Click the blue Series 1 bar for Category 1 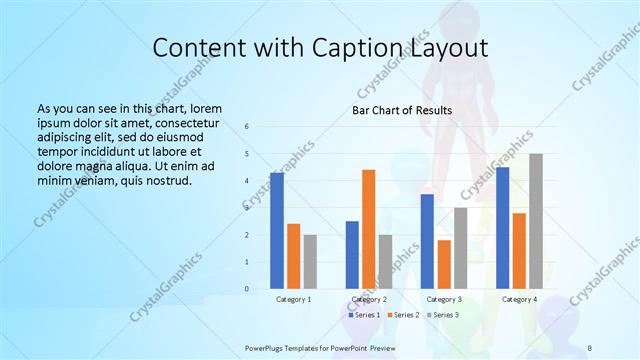point(277,230)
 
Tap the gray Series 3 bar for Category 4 point(536,221)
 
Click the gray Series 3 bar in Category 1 point(311,262)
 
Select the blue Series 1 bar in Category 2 point(352,254)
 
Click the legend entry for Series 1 point(362,315)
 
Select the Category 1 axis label point(293,299)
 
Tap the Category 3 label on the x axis point(443,299)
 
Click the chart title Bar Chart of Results point(401,110)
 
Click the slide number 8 point(589,347)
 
